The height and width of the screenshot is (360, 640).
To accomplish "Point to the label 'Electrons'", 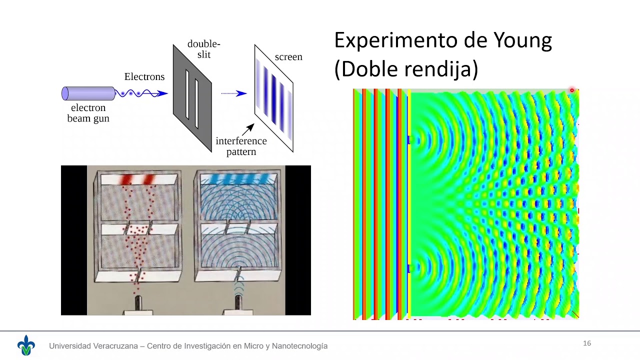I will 144,77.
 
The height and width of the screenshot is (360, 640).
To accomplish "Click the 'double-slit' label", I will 203,49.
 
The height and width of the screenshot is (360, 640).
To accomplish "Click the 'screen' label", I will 288,57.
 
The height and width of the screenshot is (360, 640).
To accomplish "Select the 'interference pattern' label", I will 241,146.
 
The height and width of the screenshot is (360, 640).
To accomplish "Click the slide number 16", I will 587,343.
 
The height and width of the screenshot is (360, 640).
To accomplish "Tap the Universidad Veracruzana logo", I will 26,345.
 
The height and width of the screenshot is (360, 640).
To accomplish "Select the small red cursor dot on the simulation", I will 572,90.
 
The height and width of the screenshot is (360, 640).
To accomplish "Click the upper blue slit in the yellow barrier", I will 409,140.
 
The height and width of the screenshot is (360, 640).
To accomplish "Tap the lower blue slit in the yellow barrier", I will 409,269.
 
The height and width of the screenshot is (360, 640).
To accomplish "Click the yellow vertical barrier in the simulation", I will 409,200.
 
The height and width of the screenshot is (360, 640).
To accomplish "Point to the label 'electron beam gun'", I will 88,113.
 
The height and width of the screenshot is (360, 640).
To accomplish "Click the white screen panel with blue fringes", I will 273,98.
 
